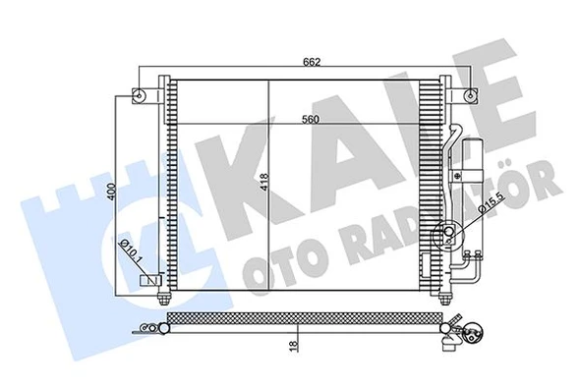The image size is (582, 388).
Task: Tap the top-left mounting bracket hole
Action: pyautogui.click(x=145, y=96)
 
